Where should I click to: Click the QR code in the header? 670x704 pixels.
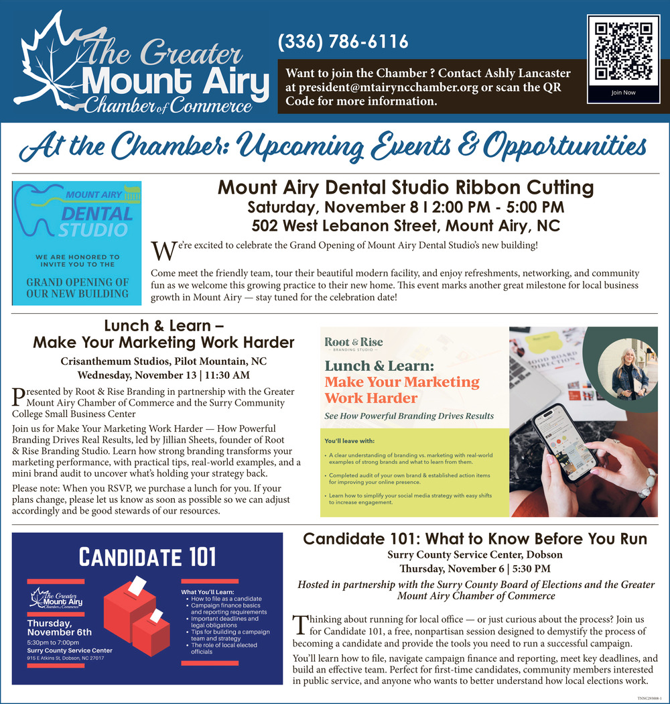tap(623, 51)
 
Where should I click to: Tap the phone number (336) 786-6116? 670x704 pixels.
tap(343, 42)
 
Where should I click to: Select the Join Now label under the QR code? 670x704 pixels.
tap(623, 93)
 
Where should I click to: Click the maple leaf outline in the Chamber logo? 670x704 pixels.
tap(47, 54)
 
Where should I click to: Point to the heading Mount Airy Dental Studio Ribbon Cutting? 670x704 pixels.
tap(405, 188)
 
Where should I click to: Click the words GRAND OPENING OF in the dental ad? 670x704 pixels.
tap(77, 282)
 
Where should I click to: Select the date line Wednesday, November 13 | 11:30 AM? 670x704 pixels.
tap(163, 375)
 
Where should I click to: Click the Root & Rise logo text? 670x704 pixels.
tap(354, 342)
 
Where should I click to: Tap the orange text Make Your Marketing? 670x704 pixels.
tap(402, 382)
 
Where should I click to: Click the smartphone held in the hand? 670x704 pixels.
tap(565, 443)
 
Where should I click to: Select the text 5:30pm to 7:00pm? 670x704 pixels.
tap(53, 642)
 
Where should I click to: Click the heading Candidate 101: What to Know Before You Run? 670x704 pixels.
tap(475, 539)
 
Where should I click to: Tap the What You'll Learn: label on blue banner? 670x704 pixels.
tap(208, 592)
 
